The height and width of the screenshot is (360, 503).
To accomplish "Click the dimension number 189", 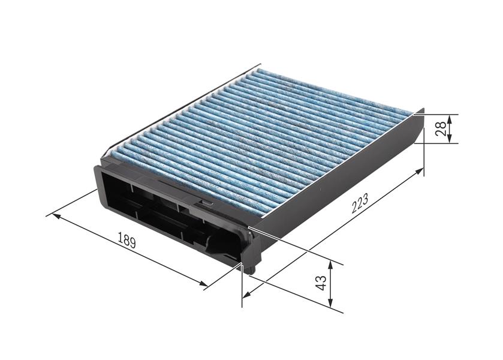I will pos(127,242).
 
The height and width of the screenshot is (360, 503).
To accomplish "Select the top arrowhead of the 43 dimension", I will pos(330,263).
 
